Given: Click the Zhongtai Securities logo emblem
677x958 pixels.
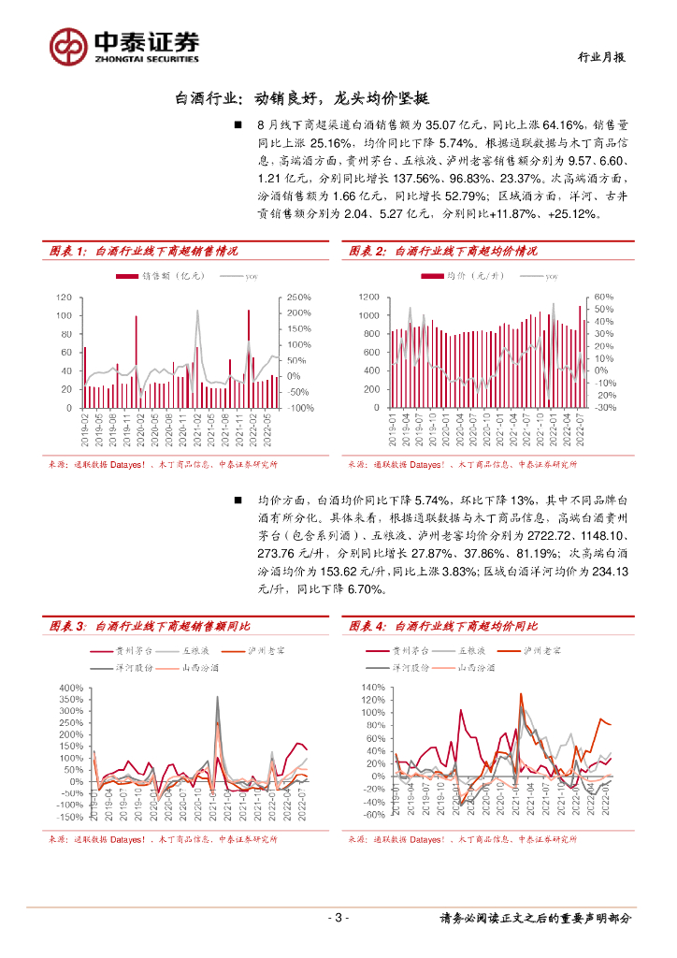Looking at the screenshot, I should (x=68, y=44).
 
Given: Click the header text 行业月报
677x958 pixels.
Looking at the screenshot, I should (x=599, y=56).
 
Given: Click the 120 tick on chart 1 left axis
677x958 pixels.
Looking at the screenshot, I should (x=65, y=298).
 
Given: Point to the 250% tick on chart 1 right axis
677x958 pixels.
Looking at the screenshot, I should (x=299, y=298).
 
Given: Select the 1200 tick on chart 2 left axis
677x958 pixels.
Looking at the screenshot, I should (x=369, y=298).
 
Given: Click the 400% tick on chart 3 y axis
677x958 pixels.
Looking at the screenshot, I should (x=71, y=688).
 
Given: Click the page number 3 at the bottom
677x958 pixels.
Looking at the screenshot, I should (x=338, y=918).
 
